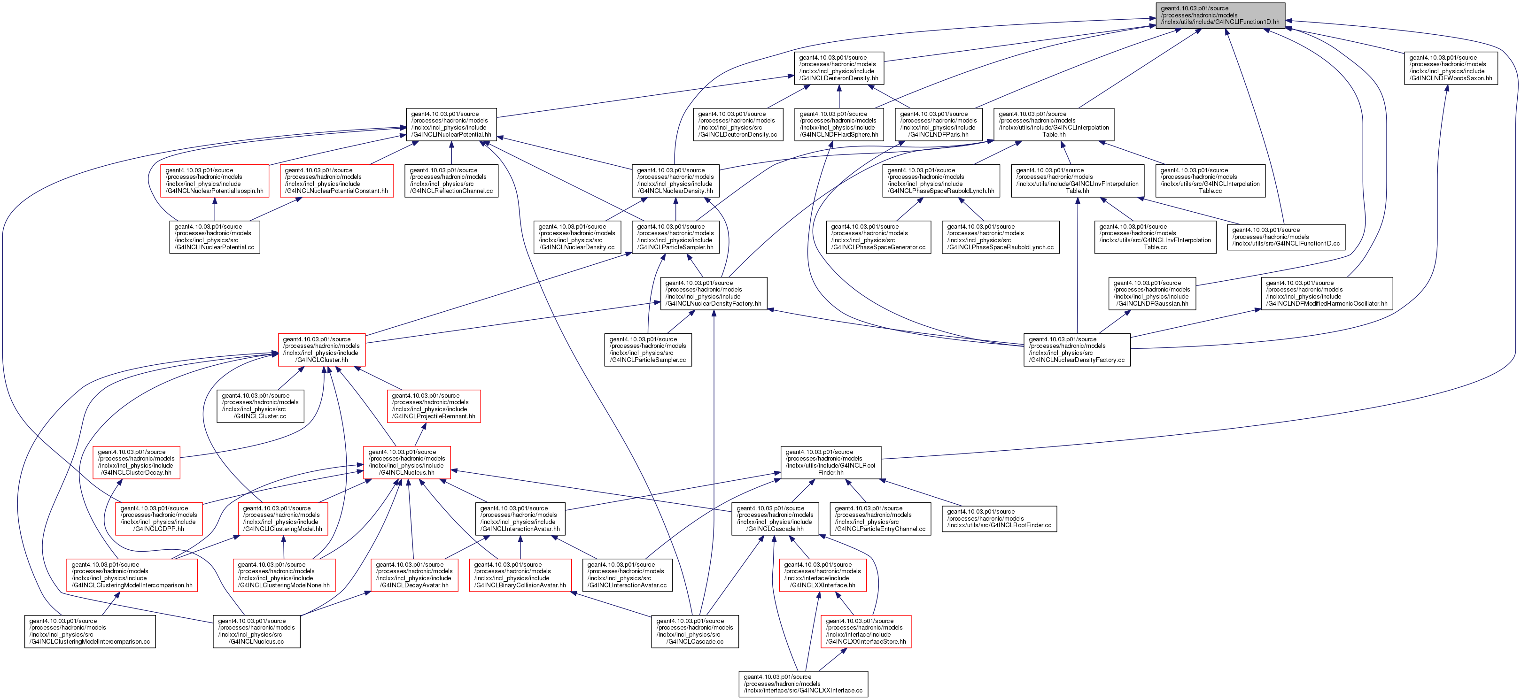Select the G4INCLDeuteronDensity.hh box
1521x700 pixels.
[x=838, y=68]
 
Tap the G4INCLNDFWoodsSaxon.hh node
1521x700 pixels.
[x=1450, y=68]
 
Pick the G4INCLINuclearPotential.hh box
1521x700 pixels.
[x=451, y=124]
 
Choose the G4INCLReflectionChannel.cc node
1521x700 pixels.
[x=451, y=181]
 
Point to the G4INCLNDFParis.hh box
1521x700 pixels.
[x=938, y=124]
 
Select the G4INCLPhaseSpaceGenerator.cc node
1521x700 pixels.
[x=878, y=237]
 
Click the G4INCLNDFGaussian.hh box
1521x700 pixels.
[x=1151, y=293]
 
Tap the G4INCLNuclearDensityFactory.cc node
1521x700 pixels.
[x=1077, y=349]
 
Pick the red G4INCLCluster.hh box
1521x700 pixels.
[x=322, y=349]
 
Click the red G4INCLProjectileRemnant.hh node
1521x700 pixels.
[x=434, y=406]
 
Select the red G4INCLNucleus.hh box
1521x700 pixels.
[x=407, y=462]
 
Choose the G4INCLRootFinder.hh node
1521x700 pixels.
[x=831, y=462]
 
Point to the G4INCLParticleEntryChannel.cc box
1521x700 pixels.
[x=880, y=519]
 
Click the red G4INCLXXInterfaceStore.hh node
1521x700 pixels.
[x=866, y=631]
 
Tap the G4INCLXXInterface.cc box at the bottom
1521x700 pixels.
[x=803, y=684]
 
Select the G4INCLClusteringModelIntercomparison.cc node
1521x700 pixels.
[x=90, y=631]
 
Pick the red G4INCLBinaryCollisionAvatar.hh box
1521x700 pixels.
[x=520, y=575]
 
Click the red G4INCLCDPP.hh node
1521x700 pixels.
[x=159, y=519]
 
